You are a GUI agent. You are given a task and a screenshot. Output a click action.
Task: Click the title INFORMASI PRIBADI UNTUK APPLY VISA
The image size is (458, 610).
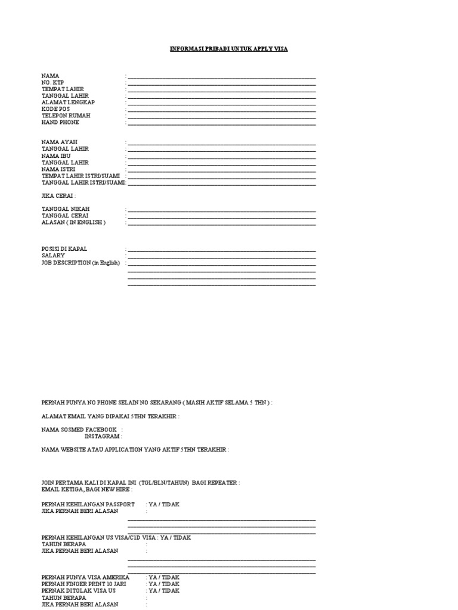pos(228,49)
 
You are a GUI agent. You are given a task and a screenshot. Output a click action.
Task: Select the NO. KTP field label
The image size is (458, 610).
pos(52,82)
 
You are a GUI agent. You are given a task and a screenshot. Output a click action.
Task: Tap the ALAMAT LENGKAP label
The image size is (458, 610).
pos(68,102)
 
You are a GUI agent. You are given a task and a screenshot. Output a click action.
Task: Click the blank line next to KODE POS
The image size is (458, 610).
pos(221,110)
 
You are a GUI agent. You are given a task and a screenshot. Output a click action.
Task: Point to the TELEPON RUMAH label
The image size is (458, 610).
pos(66,116)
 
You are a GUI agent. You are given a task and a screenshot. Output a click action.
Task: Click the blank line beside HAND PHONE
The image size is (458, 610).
pos(221,123)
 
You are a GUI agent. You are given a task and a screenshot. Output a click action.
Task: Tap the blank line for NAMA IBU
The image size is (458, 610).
pos(221,157)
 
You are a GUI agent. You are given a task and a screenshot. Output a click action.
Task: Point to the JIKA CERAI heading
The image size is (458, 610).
pos(58,195)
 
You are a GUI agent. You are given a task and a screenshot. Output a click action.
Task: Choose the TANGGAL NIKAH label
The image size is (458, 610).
pos(66,209)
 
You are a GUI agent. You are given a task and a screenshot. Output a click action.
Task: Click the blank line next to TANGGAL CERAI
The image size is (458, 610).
pos(221,217)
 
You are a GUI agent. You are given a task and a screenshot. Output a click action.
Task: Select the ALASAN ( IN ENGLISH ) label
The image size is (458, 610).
pos(73,222)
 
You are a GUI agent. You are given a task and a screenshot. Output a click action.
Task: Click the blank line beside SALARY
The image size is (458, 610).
pos(221,256)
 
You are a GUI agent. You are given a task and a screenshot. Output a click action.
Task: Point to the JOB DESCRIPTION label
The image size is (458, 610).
pos(81,262)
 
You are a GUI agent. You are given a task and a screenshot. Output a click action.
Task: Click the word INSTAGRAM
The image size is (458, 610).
pos(102,436)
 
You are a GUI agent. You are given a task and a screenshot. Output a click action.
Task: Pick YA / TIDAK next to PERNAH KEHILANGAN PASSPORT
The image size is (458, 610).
pos(164,505)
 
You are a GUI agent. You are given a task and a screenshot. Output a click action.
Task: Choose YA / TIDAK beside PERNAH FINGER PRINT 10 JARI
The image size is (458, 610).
pos(164,584)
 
